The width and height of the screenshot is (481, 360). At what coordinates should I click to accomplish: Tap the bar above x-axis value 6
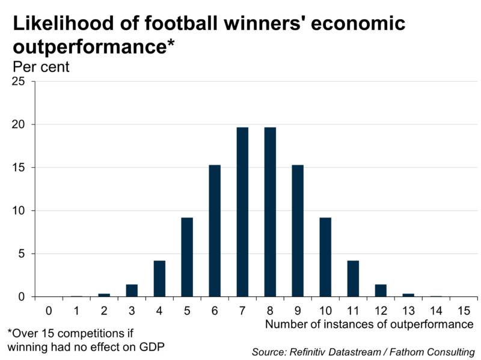(215, 231)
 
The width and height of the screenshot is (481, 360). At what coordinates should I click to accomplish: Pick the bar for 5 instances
(187, 257)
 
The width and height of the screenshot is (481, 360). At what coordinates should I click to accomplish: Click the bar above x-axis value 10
(325, 257)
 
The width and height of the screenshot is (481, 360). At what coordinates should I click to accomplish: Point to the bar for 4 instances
(159, 279)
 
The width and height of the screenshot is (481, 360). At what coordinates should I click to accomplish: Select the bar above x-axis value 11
(353, 279)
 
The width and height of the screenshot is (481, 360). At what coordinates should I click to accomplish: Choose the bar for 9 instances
(298, 231)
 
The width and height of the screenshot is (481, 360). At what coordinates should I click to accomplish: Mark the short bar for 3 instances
(132, 291)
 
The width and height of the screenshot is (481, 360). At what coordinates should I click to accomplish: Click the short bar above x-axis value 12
(381, 291)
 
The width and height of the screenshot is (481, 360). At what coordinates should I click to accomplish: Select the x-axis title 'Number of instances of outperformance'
(369, 325)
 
